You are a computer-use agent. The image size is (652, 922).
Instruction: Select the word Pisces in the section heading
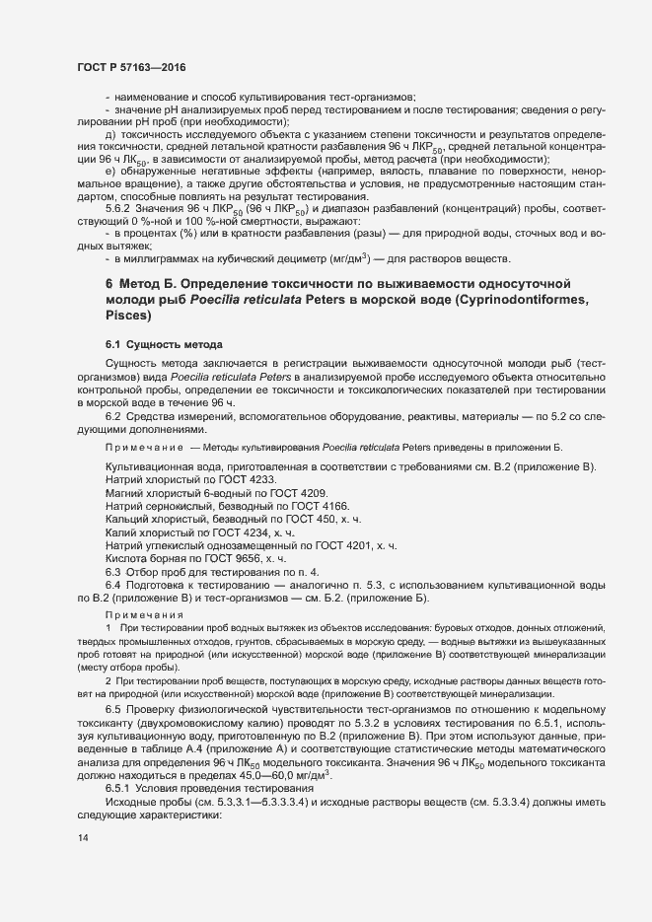(x=130, y=317)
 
